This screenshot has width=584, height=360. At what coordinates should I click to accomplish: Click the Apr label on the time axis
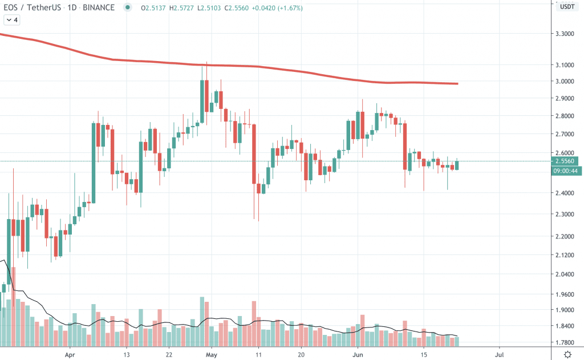70,354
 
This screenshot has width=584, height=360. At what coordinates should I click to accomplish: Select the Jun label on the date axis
358,354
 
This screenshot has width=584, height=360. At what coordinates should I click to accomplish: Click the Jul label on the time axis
499,354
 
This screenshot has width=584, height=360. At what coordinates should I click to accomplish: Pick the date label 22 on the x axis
169,354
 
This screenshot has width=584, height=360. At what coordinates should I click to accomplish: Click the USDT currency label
566,7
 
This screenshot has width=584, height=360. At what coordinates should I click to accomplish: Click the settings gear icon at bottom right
567,354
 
